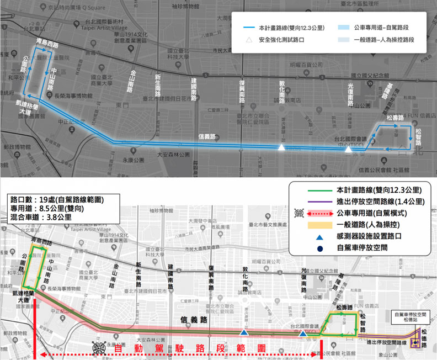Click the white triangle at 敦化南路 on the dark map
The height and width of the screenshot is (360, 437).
click(x=281, y=148)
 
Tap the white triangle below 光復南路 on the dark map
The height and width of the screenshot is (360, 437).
click(x=348, y=149)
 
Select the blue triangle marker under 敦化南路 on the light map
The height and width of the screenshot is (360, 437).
click(x=243, y=332)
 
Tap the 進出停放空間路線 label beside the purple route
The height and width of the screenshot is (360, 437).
click(x=387, y=343)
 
